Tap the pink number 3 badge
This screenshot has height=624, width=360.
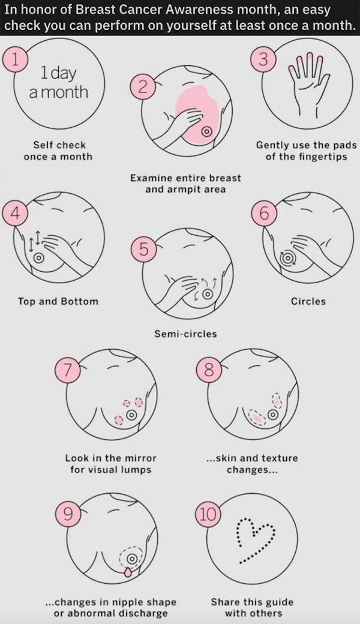[263, 59]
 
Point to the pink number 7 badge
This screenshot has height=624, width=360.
[67, 370]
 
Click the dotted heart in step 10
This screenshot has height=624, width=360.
[256, 540]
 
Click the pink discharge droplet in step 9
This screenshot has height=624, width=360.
[127, 572]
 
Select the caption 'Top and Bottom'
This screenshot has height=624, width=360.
[58, 301]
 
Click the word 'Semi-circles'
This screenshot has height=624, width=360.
[186, 334]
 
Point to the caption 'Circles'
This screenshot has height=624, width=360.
[308, 301]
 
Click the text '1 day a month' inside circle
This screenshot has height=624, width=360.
[58, 83]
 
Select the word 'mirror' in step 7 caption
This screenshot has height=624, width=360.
[139, 458]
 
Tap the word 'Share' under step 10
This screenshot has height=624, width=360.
[225, 602]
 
